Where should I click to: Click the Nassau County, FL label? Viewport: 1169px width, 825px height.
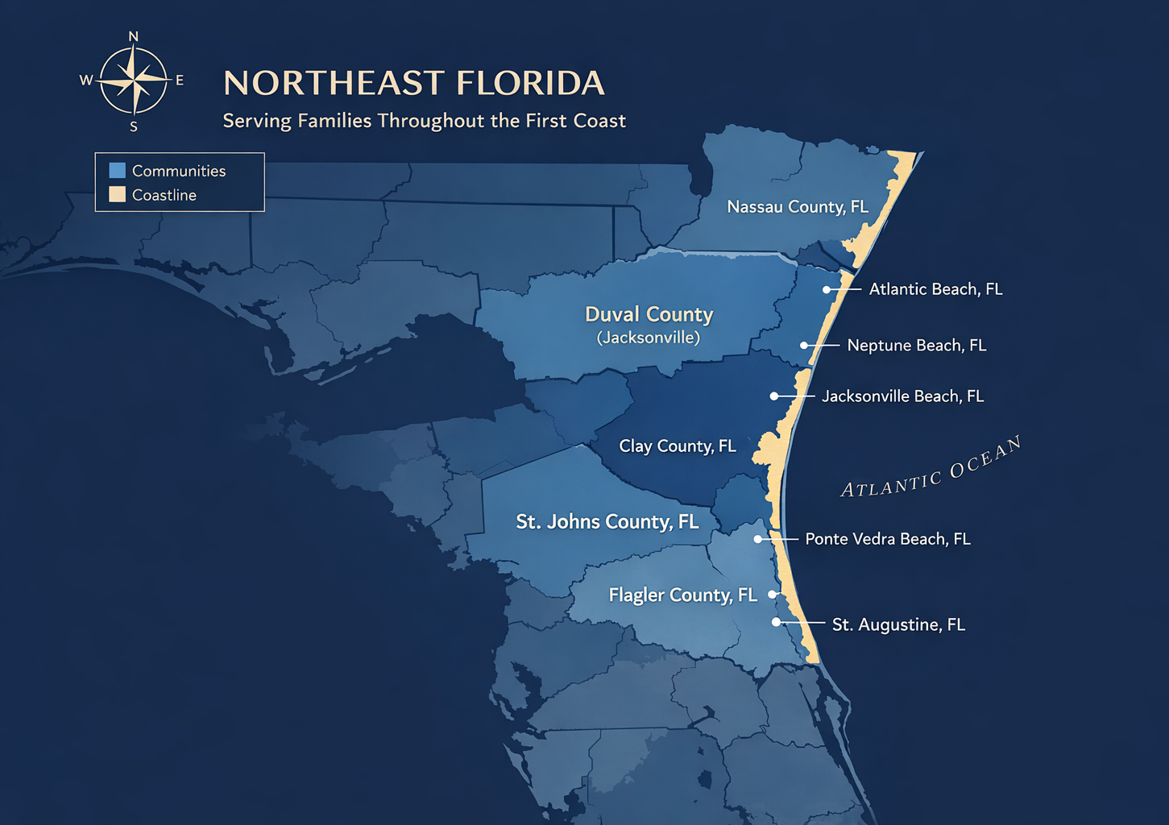[x=798, y=207]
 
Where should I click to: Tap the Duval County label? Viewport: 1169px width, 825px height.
[x=649, y=314]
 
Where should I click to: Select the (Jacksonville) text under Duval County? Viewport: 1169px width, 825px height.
[x=649, y=338]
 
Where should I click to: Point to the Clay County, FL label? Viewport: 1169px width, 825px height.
[x=677, y=446]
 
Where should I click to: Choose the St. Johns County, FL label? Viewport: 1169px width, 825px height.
[x=607, y=522]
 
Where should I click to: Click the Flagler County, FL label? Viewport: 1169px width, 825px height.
[x=682, y=595]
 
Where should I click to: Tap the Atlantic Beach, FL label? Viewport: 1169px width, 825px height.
[x=935, y=289]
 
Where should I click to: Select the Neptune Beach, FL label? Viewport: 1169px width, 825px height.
[x=916, y=346]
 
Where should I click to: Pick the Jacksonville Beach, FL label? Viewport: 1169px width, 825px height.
[x=902, y=396]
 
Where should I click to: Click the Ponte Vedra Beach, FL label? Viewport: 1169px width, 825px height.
[x=887, y=539]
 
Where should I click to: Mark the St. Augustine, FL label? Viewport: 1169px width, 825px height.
[x=898, y=625]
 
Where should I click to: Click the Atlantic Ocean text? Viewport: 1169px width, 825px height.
[x=931, y=468]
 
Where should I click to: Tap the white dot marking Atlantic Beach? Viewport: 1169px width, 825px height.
[x=827, y=289]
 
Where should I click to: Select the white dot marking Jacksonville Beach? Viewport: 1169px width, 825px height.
[x=773, y=396]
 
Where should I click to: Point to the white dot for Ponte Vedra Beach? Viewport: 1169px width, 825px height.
[x=757, y=539]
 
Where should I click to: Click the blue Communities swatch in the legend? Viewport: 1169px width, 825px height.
[x=118, y=171]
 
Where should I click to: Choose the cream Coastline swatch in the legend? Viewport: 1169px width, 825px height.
[x=118, y=195]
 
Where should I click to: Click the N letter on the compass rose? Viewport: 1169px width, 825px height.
[x=134, y=37]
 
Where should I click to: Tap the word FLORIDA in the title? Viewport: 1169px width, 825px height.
[x=530, y=83]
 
